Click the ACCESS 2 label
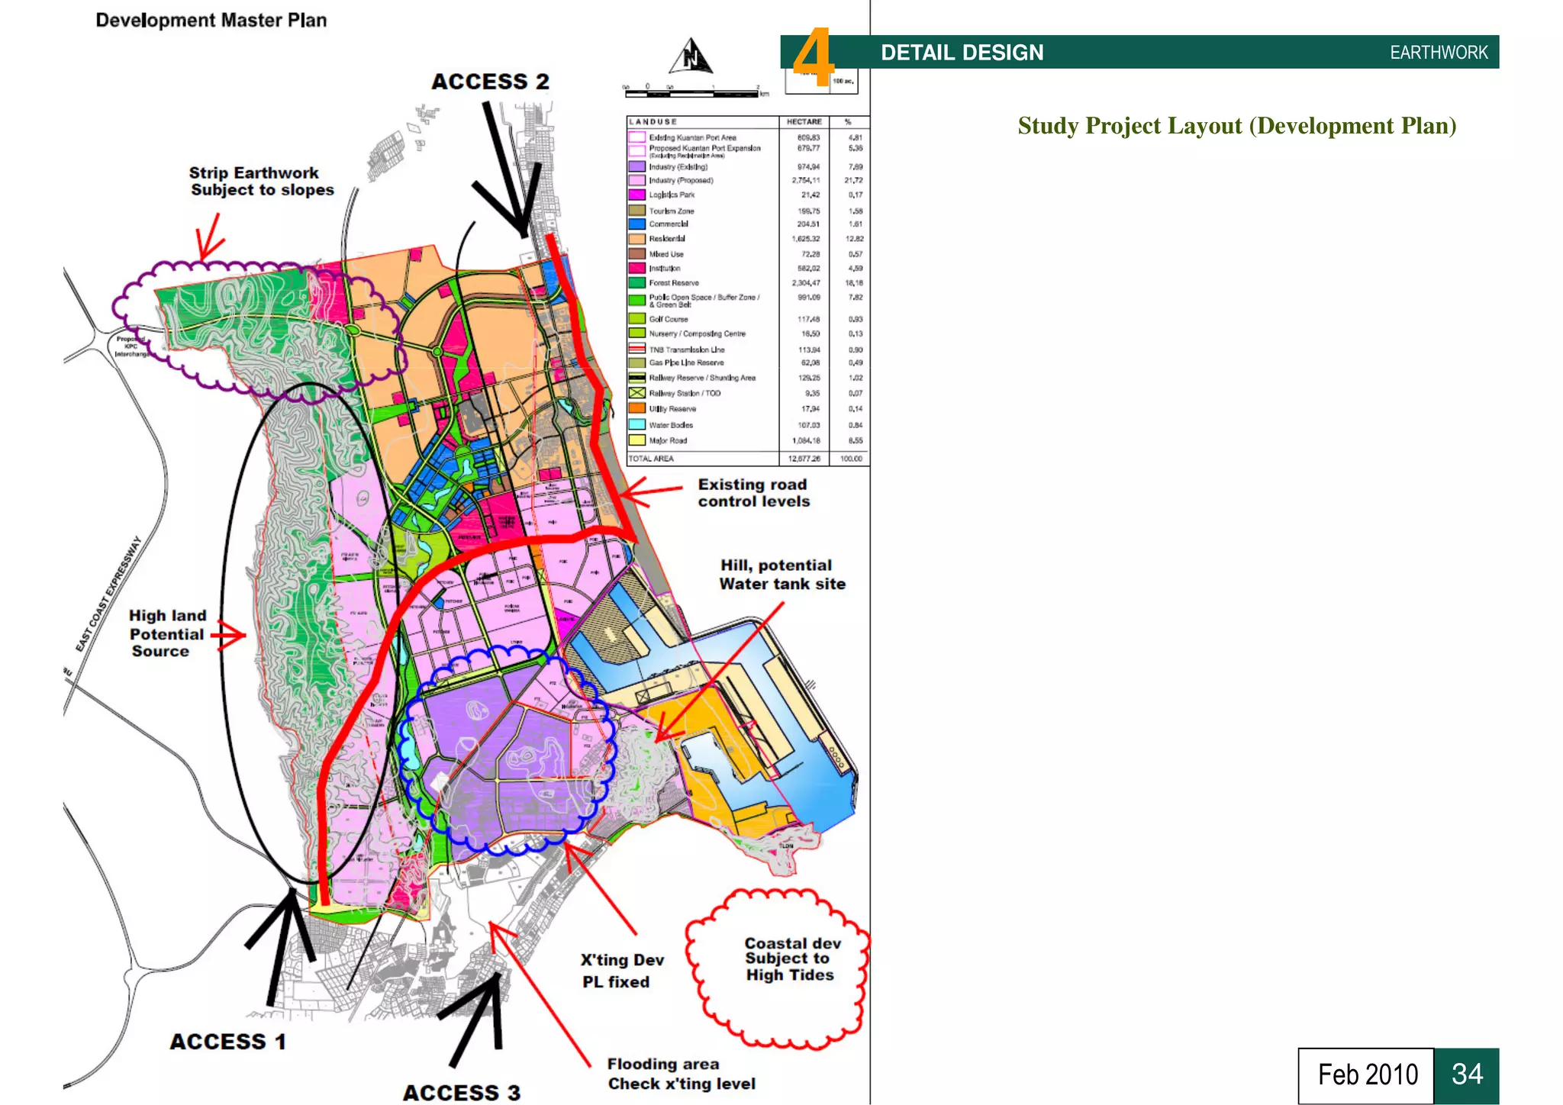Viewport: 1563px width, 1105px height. pyautogui.click(x=490, y=82)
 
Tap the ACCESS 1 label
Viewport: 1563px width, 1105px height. pyautogui.click(x=227, y=1042)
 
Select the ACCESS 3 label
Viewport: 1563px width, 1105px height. pyautogui.click(x=461, y=1093)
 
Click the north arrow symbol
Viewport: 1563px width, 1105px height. pyautogui.click(x=691, y=57)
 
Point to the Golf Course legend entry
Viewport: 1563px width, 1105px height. pyautogui.click(x=669, y=319)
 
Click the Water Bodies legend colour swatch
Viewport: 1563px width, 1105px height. pyautogui.click(x=636, y=424)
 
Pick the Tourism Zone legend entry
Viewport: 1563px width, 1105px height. pyautogui.click(x=672, y=211)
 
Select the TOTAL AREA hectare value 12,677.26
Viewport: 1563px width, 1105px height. pyautogui.click(x=804, y=459)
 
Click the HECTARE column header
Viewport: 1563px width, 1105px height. pyautogui.click(x=804, y=122)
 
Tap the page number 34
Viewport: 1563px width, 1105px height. pyautogui.click(x=1466, y=1074)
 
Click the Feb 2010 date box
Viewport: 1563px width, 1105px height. pyautogui.click(x=1367, y=1074)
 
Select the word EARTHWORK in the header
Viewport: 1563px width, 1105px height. pyautogui.click(x=1439, y=53)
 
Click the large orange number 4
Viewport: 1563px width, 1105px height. pyautogui.click(x=813, y=57)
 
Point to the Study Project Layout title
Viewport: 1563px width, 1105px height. pyautogui.click(x=1236, y=126)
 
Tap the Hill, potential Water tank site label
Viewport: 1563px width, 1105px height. pyautogui.click(x=781, y=575)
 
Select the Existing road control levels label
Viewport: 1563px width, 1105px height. pyautogui.click(x=753, y=493)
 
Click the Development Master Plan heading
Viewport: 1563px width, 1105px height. pyautogui.click(x=211, y=21)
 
